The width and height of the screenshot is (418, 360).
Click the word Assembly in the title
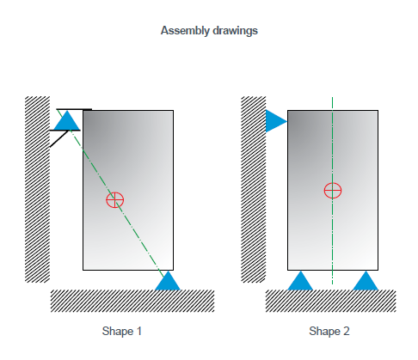click(x=185, y=31)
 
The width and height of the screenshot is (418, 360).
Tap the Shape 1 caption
click(x=122, y=332)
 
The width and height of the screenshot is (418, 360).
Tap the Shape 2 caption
click(x=329, y=332)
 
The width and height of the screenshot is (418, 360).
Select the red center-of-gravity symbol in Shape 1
click(x=115, y=199)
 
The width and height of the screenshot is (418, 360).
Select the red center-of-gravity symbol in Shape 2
click(x=333, y=191)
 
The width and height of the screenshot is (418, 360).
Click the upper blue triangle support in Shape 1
click(x=67, y=122)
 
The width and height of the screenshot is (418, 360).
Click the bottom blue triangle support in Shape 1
click(x=168, y=282)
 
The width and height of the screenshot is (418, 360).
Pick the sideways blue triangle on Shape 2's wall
click(x=274, y=121)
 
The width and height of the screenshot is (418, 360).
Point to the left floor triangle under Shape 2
click(x=300, y=282)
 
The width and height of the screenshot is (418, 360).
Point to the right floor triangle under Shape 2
click(x=366, y=282)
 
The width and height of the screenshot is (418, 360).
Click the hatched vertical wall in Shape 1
click(x=37, y=189)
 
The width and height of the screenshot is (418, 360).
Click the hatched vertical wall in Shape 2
click(x=253, y=189)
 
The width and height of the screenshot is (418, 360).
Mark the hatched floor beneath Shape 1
click(x=132, y=301)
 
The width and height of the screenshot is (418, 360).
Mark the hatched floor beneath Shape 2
click(x=330, y=301)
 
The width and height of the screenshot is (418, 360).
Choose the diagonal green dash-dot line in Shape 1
click(x=111, y=193)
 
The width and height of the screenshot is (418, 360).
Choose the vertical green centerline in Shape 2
click(x=332, y=191)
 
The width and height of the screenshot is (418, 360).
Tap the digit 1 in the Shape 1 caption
click(x=139, y=332)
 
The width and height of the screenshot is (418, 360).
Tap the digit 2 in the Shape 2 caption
click(x=347, y=332)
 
